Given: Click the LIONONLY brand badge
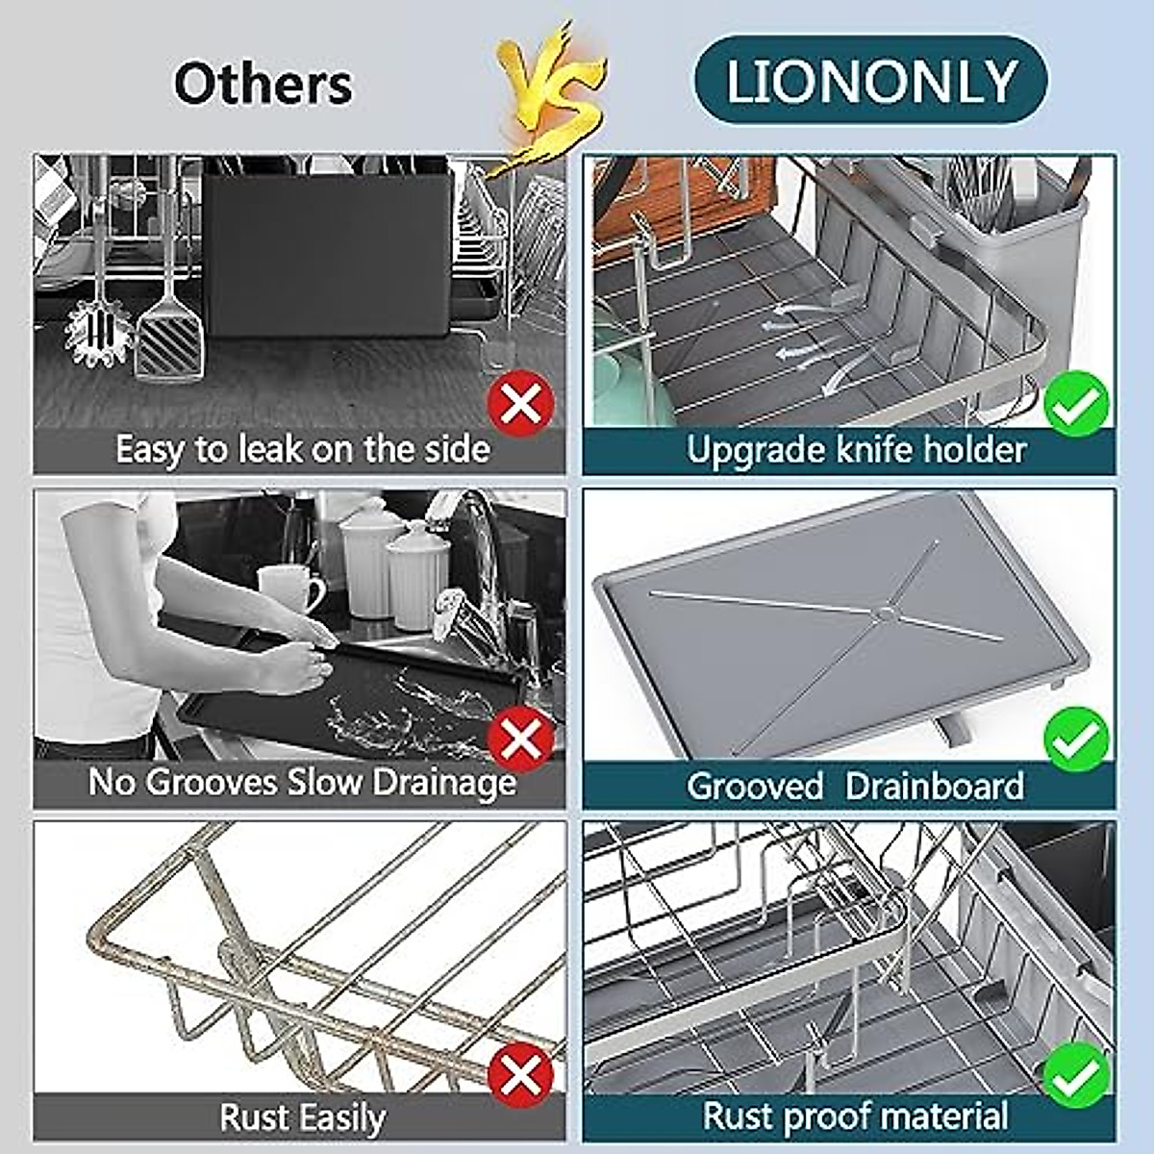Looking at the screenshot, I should point(870,81).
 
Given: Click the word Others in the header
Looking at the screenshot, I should point(263,84).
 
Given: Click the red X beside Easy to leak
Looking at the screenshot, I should point(520,404).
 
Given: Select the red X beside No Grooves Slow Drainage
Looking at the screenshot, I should point(520,739).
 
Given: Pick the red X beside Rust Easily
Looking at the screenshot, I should point(520,1075).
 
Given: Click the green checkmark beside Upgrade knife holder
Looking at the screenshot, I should point(1076,404).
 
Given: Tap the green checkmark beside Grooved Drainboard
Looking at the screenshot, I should point(1076,739).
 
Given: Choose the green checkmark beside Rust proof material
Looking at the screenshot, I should point(1076,1075).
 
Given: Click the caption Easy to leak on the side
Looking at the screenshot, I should point(302,449).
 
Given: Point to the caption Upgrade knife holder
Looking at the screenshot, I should point(856,449).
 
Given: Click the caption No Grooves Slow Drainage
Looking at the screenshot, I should point(302,782).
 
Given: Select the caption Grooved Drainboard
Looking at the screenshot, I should point(854,786).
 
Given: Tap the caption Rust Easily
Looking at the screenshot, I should point(302,1117).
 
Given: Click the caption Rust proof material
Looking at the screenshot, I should point(854,1116).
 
